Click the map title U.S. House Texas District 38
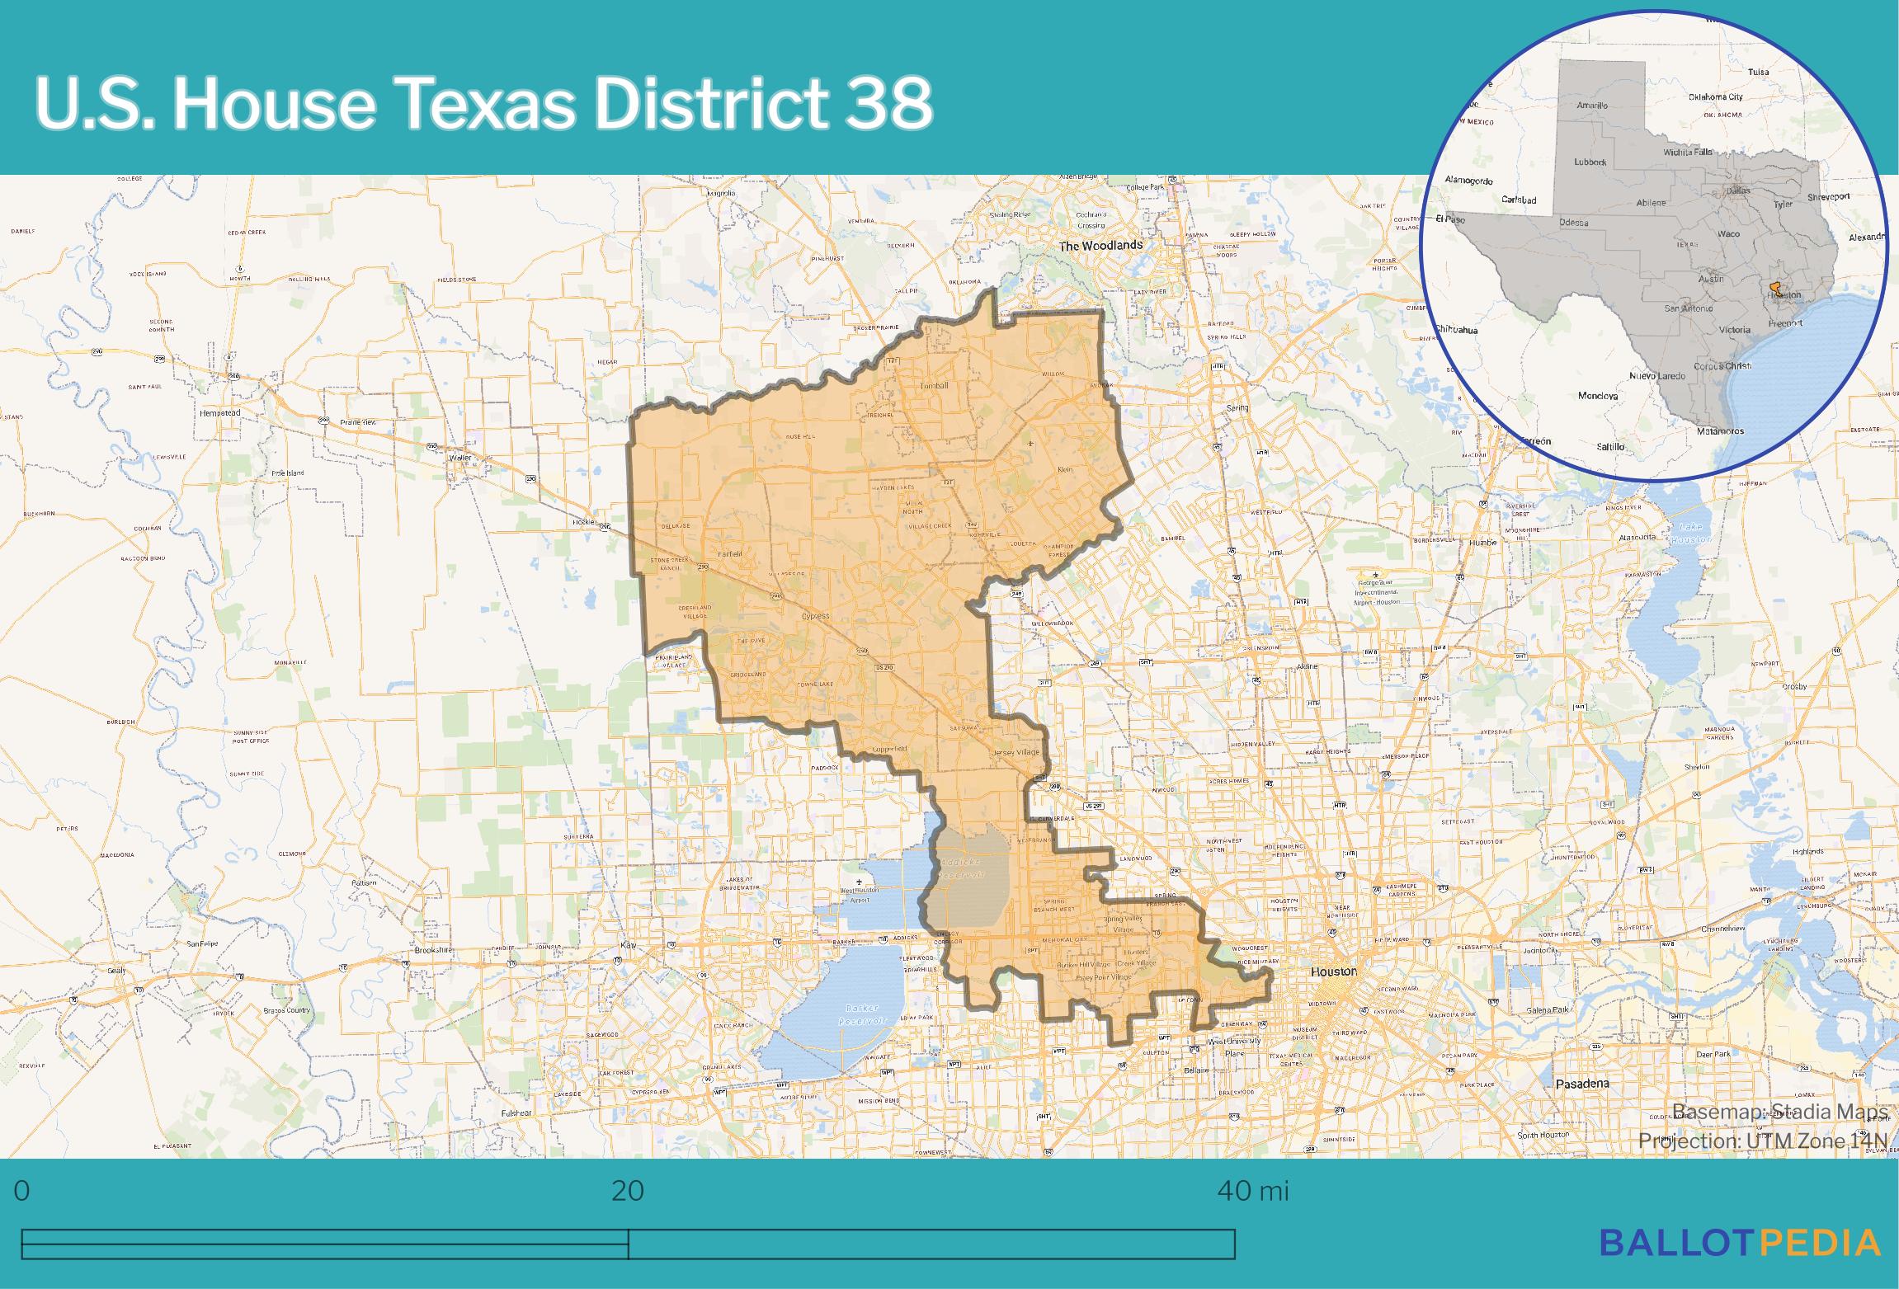coord(483,104)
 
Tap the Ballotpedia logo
coord(1741,1242)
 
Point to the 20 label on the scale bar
coord(627,1191)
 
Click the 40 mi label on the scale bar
coord(1252,1191)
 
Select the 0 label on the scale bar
coord(22,1191)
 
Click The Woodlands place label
coord(1100,246)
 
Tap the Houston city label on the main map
coord(1333,971)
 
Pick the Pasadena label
coord(1581,1084)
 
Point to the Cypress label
coord(815,616)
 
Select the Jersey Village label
coord(1015,753)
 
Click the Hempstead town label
coord(219,412)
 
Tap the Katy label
coord(630,945)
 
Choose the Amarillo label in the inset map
coord(1592,106)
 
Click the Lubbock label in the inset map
coord(1590,162)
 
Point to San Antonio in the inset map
coord(1688,308)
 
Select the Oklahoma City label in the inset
coord(1715,97)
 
